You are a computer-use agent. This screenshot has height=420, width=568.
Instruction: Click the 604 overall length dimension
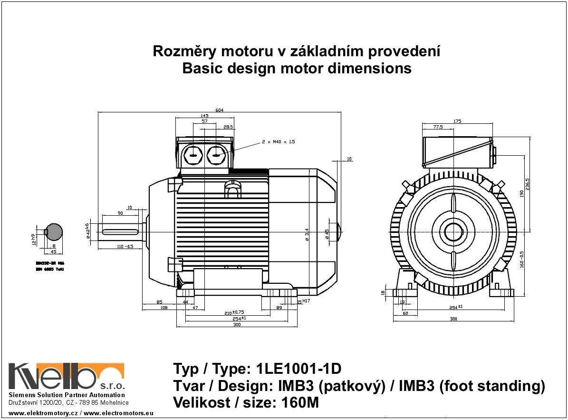[x=219, y=110]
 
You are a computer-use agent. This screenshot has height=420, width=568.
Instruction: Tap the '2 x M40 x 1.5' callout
[x=278, y=142]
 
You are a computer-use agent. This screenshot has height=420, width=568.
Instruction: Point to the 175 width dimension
[x=457, y=121]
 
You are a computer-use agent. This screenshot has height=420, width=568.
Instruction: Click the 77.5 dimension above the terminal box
[x=438, y=127]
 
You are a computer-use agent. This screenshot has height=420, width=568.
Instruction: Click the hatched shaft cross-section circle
[x=54, y=232]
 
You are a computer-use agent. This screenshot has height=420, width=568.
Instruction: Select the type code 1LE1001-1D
[x=298, y=369]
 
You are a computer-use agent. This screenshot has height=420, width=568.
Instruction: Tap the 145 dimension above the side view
[x=204, y=116]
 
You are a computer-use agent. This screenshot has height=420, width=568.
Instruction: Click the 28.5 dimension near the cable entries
[x=228, y=127]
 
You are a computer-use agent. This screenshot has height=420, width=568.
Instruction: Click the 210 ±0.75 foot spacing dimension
[x=234, y=313]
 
